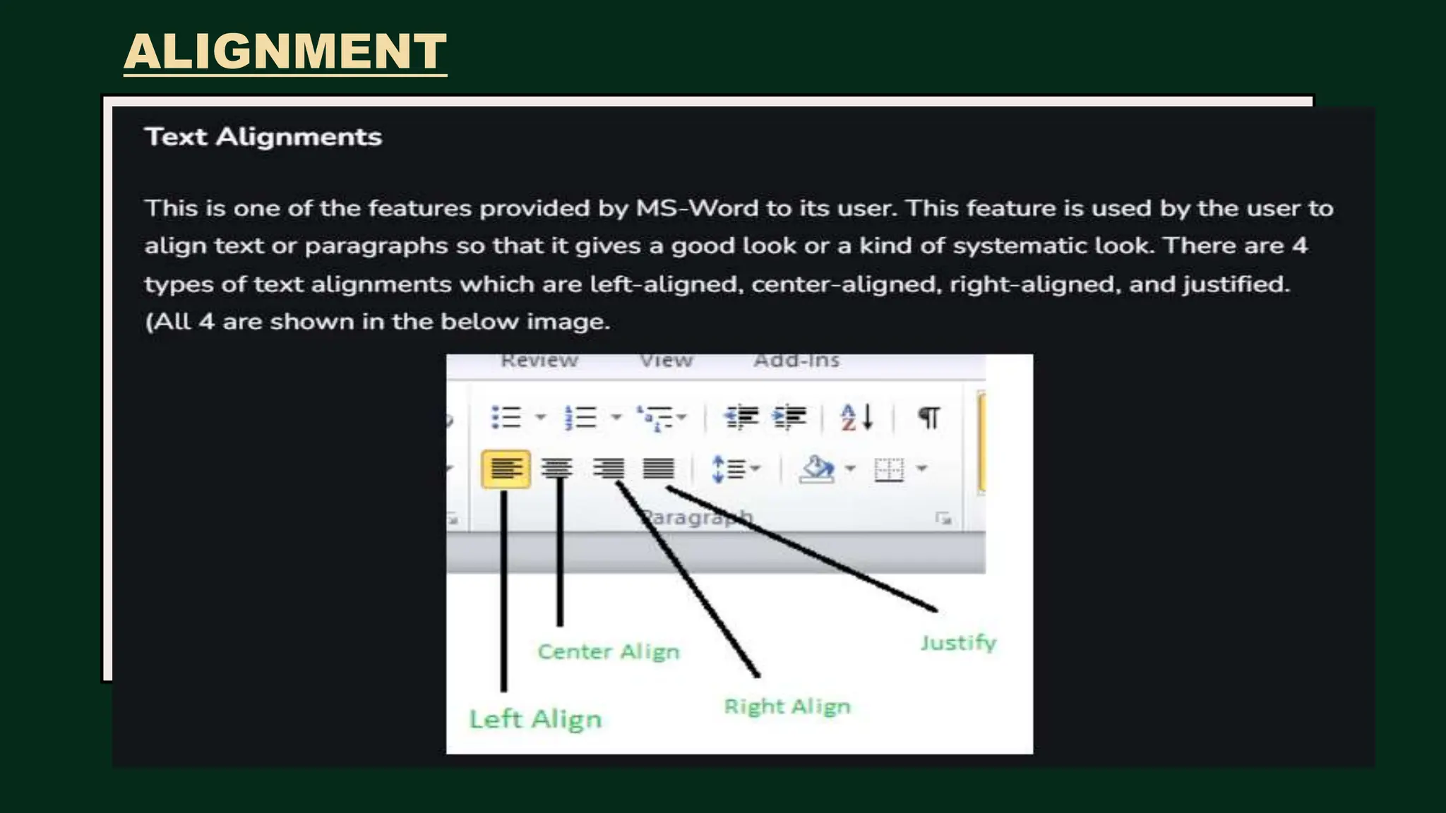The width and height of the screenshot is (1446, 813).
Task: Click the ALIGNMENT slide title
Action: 285,52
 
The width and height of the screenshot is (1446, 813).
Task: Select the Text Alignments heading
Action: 263,137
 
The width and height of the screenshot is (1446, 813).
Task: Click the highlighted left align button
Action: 506,469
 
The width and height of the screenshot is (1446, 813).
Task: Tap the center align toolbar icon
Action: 557,468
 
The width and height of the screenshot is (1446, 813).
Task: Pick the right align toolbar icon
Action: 608,468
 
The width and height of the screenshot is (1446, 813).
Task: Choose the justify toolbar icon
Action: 658,468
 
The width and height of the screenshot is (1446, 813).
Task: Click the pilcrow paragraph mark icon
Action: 928,417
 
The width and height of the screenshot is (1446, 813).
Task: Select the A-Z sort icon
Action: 856,417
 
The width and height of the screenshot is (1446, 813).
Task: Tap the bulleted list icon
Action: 506,417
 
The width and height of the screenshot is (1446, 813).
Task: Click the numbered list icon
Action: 581,417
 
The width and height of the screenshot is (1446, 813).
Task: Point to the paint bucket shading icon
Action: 817,469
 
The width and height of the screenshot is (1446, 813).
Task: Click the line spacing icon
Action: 730,469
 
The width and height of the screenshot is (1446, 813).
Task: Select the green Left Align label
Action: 535,719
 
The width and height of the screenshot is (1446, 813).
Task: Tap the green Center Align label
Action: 609,651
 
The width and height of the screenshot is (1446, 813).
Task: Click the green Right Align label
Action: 787,706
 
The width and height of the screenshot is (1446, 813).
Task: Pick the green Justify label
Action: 958,643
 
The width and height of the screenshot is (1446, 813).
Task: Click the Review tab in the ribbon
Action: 539,361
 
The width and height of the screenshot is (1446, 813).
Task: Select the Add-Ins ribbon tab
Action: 797,361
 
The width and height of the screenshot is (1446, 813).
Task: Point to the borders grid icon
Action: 889,469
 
